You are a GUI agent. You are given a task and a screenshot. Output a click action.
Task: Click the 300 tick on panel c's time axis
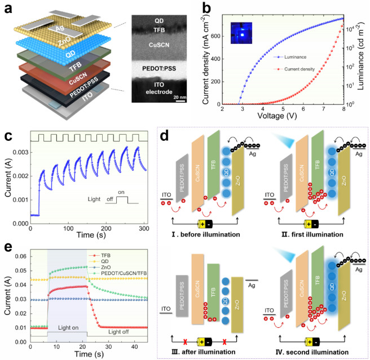[x=171, y=230]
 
